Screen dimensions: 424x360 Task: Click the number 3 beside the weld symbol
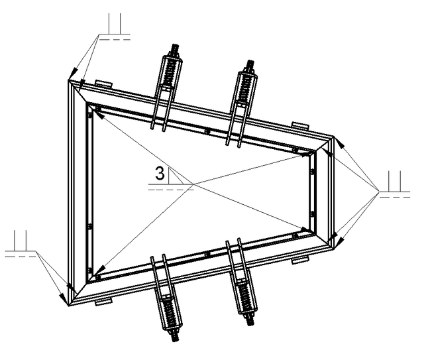[160, 173]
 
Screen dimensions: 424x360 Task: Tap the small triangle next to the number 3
[174, 177]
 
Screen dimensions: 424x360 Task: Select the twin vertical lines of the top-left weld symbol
[115, 24]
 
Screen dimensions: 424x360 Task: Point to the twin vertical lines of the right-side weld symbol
[395, 182]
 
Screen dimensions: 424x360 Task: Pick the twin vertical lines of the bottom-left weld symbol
[21, 241]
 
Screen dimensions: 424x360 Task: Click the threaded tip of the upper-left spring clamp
[175, 50]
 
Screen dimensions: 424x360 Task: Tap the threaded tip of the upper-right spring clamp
[250, 66]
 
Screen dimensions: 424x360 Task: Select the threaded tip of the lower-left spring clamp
[175, 335]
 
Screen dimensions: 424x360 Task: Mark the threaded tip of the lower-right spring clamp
[250, 320]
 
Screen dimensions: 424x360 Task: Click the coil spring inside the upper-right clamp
[246, 87]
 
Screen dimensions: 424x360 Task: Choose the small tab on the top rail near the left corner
[103, 84]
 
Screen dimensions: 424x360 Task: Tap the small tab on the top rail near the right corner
[300, 125]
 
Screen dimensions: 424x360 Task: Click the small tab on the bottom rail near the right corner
[300, 261]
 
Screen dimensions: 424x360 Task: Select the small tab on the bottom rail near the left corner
[103, 302]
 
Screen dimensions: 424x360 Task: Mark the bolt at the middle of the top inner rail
[207, 131]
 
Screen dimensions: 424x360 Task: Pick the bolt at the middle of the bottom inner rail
[207, 254]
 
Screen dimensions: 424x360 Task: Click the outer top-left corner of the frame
[68, 80]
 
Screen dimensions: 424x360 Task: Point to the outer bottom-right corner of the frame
[334, 249]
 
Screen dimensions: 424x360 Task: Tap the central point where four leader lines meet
[193, 184]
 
